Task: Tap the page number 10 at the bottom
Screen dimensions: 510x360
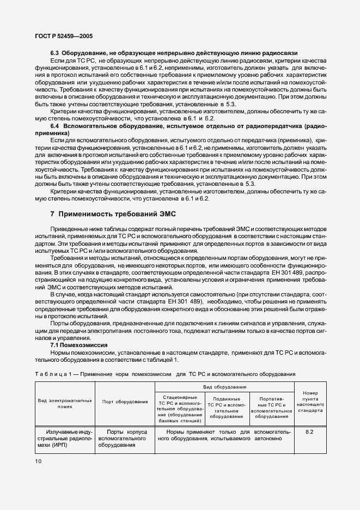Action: (x=38, y=461)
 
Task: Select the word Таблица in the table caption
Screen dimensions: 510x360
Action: (x=53, y=374)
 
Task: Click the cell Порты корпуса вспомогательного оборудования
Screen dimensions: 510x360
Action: (x=125, y=438)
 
